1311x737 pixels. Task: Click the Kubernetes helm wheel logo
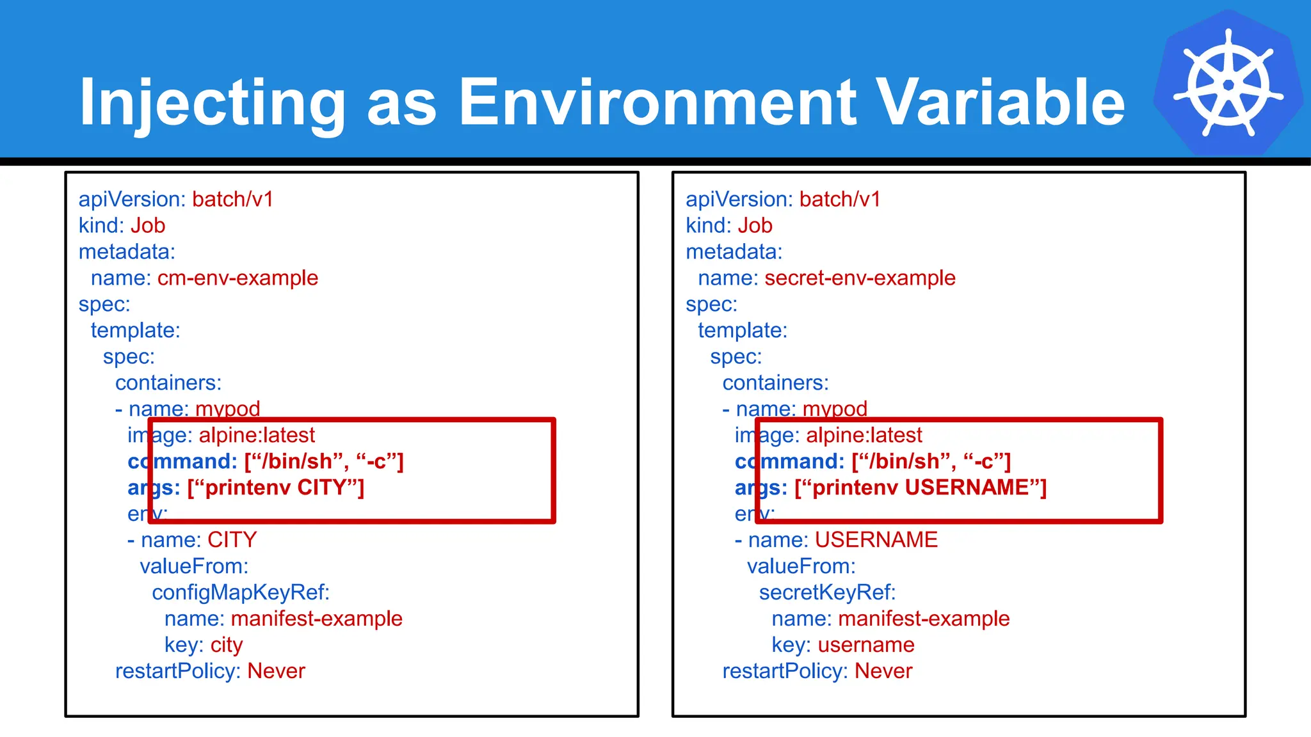click(x=1228, y=84)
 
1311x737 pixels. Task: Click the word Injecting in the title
click(x=211, y=102)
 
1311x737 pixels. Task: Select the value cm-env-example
click(x=237, y=278)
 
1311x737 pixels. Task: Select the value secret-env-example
click(x=860, y=278)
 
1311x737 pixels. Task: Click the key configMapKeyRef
click(x=240, y=592)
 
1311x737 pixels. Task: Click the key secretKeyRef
click(x=826, y=592)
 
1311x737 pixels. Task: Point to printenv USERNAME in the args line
click(x=921, y=488)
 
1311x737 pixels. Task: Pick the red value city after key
click(x=227, y=645)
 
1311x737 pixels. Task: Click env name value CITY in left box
click(x=232, y=540)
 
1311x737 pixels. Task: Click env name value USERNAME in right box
click(x=876, y=540)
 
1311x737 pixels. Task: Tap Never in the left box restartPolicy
click(x=276, y=671)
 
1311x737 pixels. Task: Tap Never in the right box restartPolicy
click(x=883, y=671)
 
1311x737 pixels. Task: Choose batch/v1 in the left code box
click(x=232, y=200)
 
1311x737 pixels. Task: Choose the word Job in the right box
click(x=755, y=226)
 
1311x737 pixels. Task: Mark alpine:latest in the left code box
click(x=257, y=436)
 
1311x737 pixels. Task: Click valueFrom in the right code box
click(x=800, y=566)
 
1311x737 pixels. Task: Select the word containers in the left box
click(x=168, y=383)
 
